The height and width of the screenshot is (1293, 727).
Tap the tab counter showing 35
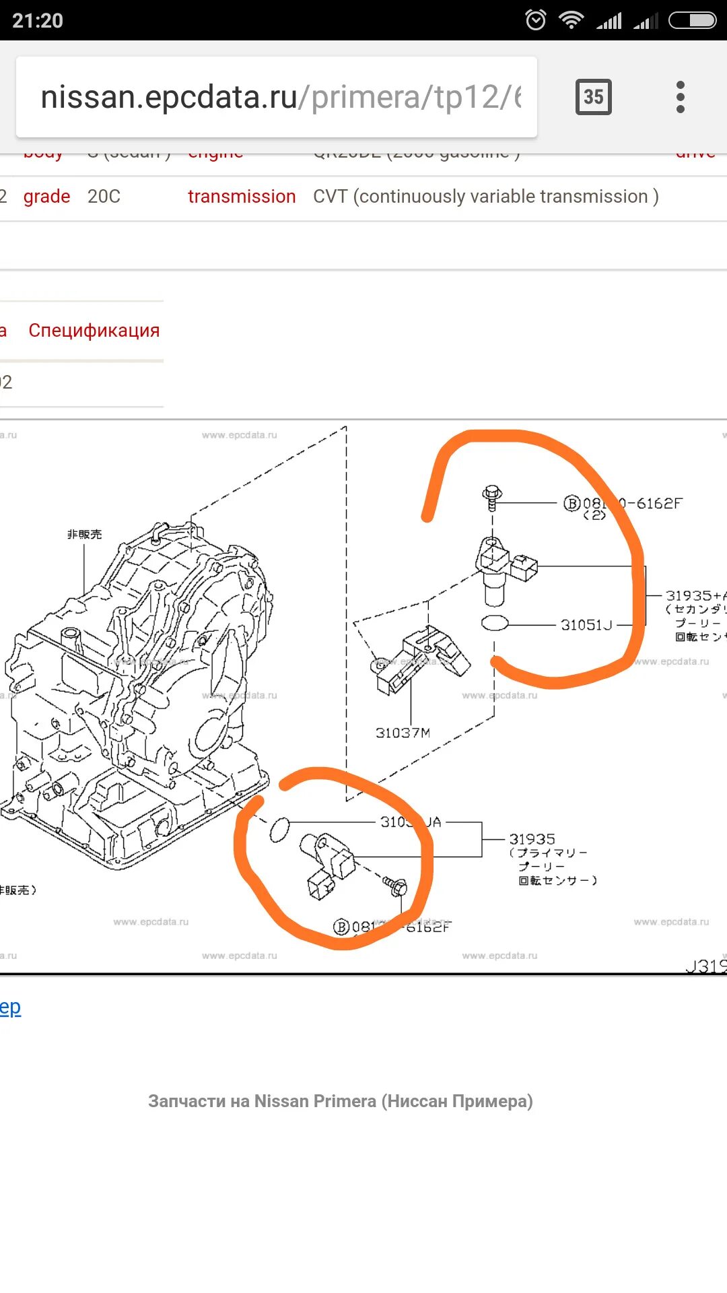point(593,97)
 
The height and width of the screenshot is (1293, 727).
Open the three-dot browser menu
point(680,97)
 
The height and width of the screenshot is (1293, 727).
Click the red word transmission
point(242,197)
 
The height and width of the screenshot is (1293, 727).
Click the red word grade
point(46,197)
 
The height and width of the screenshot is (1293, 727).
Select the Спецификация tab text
point(94,331)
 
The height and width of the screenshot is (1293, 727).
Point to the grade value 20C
point(104,197)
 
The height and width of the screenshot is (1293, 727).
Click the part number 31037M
point(403,733)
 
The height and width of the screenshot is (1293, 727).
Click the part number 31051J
point(586,625)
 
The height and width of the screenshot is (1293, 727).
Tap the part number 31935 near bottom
point(532,839)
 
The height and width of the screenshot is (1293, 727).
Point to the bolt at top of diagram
point(492,497)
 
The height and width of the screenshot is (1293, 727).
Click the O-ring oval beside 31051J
point(495,623)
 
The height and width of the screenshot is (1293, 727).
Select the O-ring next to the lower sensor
point(279,830)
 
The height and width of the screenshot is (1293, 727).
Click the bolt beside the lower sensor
point(395,886)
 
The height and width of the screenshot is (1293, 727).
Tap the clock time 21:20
point(38,20)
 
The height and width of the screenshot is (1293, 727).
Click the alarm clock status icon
point(536,20)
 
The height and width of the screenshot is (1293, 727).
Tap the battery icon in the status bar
point(692,20)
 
